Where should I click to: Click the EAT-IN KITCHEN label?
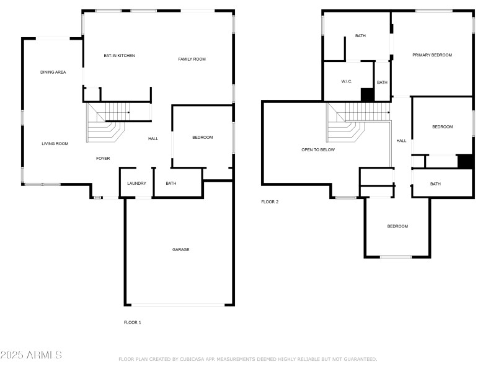(x=119, y=56)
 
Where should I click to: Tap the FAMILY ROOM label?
(x=192, y=59)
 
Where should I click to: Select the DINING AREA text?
(x=53, y=72)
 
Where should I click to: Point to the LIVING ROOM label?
(x=55, y=144)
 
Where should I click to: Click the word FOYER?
(x=103, y=159)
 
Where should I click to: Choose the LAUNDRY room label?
(x=136, y=184)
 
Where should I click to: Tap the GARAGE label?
(x=180, y=250)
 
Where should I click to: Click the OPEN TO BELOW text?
(x=318, y=150)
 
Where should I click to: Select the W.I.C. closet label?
(x=347, y=82)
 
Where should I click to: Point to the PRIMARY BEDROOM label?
(x=432, y=55)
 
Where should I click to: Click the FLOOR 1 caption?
(x=133, y=322)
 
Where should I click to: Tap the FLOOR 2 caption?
(x=270, y=201)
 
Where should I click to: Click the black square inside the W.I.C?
(x=367, y=94)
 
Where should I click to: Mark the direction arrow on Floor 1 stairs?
(x=127, y=112)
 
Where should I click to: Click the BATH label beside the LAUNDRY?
(x=171, y=184)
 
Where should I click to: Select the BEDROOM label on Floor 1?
(x=202, y=138)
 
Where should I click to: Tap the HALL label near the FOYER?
(x=153, y=139)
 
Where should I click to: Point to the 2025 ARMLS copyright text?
(x=31, y=355)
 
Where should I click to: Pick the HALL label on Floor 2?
(x=401, y=141)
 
